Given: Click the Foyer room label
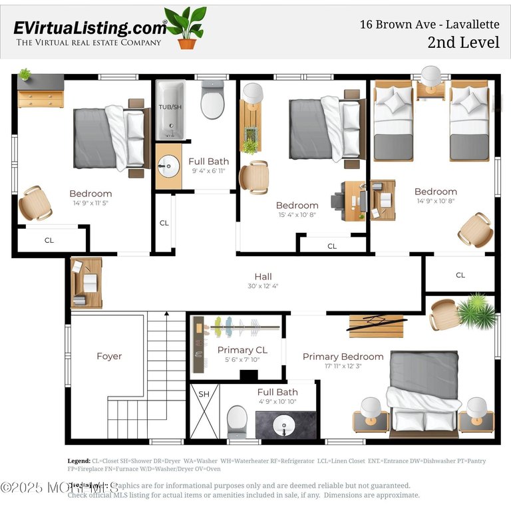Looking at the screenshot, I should click(109, 356).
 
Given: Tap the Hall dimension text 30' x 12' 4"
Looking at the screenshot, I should click(263, 287).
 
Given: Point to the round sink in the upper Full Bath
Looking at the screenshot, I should click(168, 166).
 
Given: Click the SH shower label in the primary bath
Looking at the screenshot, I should click(204, 394).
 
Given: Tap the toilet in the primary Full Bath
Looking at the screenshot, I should click(237, 421).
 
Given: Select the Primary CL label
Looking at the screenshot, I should click(242, 350).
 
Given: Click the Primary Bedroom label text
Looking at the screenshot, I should click(343, 357).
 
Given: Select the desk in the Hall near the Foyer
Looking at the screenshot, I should click(86, 283).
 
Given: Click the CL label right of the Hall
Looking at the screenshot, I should click(460, 275).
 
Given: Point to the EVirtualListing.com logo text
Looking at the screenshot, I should click(90, 28).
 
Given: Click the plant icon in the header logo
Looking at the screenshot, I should click(186, 28).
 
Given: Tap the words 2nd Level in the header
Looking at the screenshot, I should click(464, 43).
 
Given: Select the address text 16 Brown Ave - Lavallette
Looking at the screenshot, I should click(429, 25).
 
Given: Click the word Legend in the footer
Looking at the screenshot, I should click(79, 460).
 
